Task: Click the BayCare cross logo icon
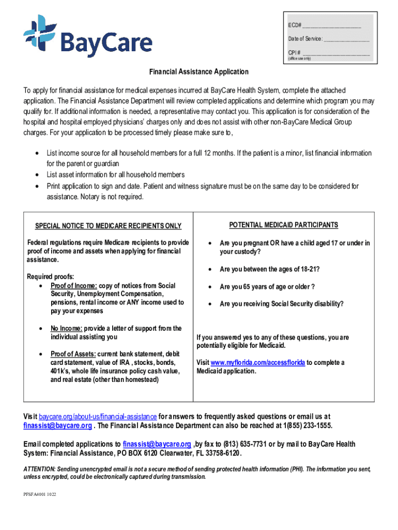tap(39, 32)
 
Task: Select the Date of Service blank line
tap(346, 40)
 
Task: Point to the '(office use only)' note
tap(300, 58)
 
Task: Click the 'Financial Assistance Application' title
tap(199, 72)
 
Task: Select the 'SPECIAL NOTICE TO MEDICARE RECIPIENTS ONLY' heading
tap(108, 226)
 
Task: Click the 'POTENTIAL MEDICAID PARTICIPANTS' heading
tap(284, 225)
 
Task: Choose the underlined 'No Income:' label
tap(66, 329)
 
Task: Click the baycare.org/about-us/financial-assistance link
tap(98, 417)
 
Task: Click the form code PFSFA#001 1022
tap(40, 495)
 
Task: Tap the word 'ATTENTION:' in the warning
tap(40, 469)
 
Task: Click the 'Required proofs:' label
tap(51, 276)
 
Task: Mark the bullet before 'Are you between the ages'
tap(209, 270)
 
